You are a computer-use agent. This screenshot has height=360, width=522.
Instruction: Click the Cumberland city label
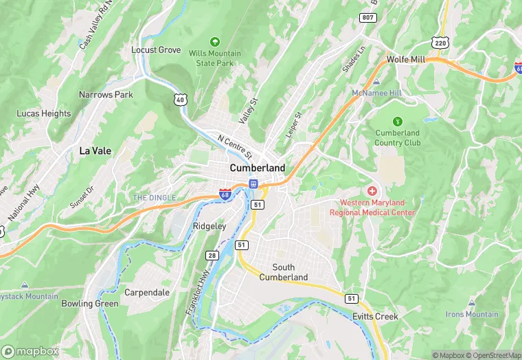coord(257,168)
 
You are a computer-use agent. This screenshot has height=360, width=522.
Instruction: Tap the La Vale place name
coord(95,150)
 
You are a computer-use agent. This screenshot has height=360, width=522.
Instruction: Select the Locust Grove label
coord(156,50)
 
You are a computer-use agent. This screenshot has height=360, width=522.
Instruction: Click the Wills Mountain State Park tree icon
coord(215,42)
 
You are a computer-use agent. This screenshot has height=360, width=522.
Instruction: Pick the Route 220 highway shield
coord(440,43)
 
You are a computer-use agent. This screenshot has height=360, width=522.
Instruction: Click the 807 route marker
coord(368,17)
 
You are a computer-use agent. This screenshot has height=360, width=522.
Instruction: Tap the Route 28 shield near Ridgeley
coord(212,256)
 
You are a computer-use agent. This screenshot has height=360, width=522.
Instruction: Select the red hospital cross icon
coord(372,190)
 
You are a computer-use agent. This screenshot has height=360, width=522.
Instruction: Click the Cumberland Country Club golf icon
coord(398,121)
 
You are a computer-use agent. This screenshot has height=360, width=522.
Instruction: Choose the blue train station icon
coord(253,183)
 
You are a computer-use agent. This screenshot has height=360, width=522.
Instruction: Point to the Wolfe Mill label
coord(406,60)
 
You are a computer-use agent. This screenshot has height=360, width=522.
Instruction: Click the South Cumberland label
coord(283,272)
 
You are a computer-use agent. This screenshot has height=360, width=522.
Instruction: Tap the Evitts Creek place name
coord(376,316)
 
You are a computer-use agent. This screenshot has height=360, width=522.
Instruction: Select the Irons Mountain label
coord(473,314)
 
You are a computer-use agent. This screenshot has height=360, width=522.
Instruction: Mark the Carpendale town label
coord(147,293)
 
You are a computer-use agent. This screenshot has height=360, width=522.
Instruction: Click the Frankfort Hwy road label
coord(196,292)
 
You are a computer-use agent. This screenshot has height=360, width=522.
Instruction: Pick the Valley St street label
coord(247,110)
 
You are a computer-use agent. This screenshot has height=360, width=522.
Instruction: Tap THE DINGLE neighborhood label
coord(154,198)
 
